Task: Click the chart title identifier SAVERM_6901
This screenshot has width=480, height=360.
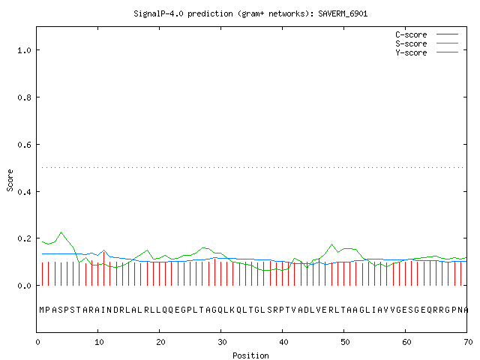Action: pos(343,13)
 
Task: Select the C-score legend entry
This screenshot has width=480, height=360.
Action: pos(427,34)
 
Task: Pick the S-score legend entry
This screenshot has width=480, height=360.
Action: pos(427,43)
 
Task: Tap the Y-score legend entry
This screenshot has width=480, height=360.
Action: pos(427,52)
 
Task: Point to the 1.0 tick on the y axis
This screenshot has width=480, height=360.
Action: pos(24,50)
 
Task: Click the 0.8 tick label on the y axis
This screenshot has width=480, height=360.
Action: pos(24,97)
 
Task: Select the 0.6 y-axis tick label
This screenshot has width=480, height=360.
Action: pos(24,145)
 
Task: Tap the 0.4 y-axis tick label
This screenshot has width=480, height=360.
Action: pos(24,192)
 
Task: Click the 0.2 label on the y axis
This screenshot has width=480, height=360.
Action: pos(24,238)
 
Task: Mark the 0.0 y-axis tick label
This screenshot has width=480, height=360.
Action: pos(24,286)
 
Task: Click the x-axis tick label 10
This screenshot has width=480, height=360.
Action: pos(99,342)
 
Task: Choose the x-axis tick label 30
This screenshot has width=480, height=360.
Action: pos(222,342)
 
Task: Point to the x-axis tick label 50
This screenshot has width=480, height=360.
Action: pos(345,342)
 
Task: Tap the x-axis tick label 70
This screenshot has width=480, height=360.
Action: pos(468,342)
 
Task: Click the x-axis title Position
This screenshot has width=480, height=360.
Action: pos(250,355)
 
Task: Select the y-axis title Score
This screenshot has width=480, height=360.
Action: pos(10,180)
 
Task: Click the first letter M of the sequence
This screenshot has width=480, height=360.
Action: pos(42,310)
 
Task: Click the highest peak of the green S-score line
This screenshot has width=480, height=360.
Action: pos(61,232)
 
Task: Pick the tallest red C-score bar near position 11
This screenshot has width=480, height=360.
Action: pos(104,268)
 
